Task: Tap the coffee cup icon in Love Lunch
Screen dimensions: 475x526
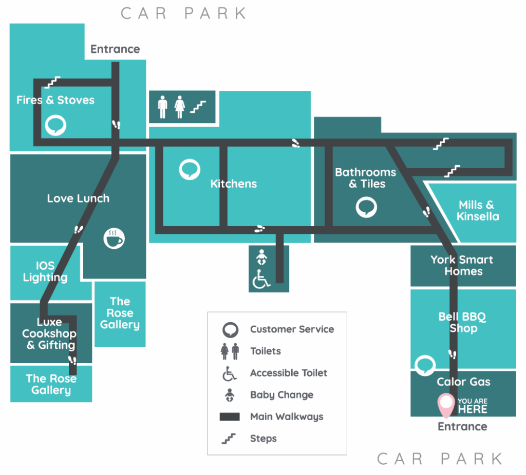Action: coord(114,238)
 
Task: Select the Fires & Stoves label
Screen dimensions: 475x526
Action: coord(55,100)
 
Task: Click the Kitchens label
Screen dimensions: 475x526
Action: coord(233,184)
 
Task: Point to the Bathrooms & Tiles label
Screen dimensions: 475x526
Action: coord(366,178)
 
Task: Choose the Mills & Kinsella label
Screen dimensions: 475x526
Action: coord(477,210)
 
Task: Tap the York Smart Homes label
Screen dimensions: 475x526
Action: coord(462,265)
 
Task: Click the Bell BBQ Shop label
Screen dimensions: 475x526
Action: coord(462,322)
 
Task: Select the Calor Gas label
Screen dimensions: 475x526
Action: coord(463,382)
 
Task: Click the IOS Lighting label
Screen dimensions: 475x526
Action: coord(45,272)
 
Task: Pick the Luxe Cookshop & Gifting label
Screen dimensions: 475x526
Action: coord(50,333)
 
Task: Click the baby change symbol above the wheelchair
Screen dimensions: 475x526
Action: coord(261,256)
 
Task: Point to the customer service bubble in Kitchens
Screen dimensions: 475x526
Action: coord(190,170)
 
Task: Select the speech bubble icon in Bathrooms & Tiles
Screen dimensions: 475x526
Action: coord(366,207)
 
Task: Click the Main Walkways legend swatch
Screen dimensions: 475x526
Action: coord(230,417)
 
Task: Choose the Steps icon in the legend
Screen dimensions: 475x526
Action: coord(229,439)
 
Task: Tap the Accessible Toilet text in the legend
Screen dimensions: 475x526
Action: coord(288,373)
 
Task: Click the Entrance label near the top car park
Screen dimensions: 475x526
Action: coord(115,49)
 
